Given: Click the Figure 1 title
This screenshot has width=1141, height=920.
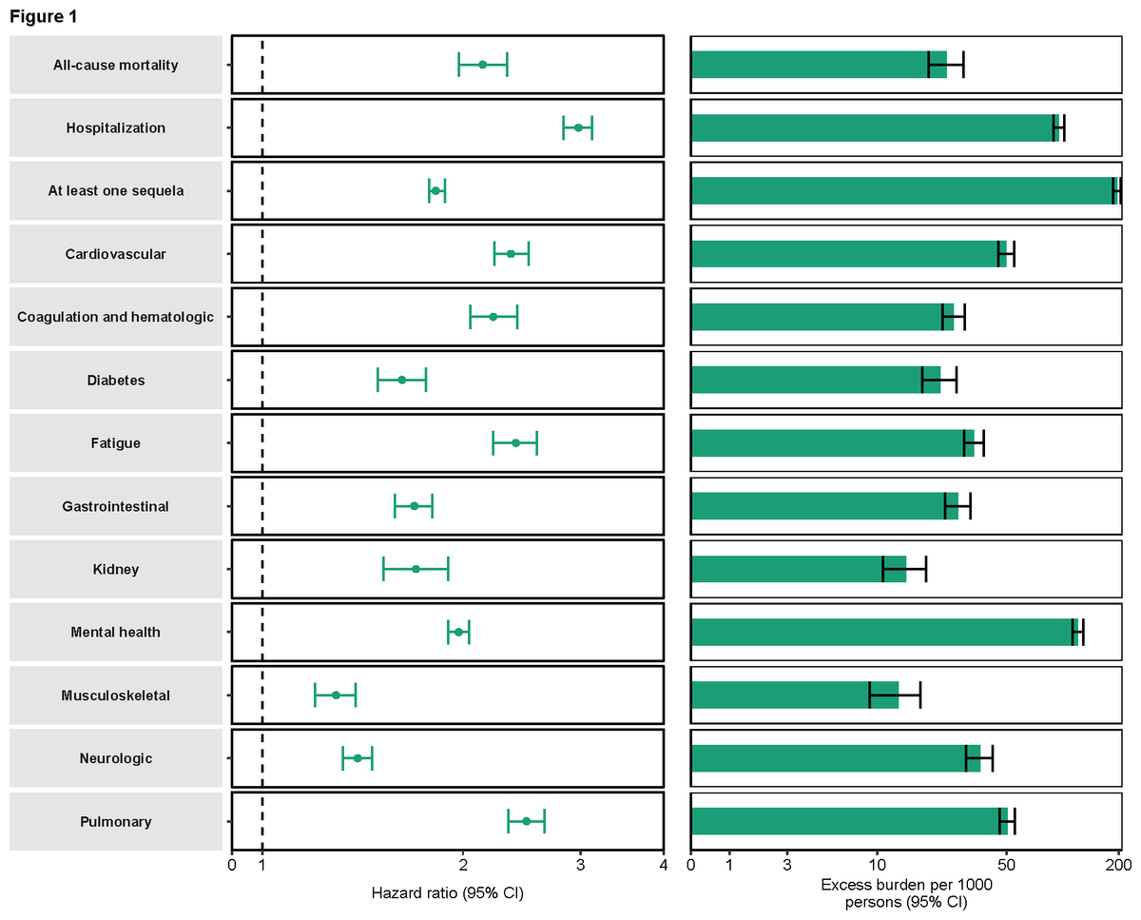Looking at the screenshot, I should [x=44, y=16].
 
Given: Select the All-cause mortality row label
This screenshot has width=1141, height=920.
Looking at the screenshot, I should [x=116, y=65].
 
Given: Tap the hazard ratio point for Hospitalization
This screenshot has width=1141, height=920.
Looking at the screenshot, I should [x=578, y=127].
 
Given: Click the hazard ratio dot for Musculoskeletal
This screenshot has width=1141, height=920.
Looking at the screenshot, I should [x=336, y=695].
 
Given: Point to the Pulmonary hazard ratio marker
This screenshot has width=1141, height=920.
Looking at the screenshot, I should [x=526, y=821].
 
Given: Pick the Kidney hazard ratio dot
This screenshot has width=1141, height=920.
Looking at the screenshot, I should [x=416, y=569].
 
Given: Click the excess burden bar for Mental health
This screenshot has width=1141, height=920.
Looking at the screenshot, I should [x=882, y=633].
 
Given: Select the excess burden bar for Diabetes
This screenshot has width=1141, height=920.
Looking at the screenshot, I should [x=815, y=380].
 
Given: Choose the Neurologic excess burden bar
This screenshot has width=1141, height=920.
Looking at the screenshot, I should [x=835, y=758].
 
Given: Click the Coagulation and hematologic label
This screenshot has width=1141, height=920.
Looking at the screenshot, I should [x=116, y=317].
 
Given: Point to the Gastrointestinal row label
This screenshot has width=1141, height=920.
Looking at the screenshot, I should [x=116, y=506].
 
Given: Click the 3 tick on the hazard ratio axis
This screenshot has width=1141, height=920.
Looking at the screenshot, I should [x=580, y=864].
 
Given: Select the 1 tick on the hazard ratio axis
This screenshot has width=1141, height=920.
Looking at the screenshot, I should [x=262, y=864].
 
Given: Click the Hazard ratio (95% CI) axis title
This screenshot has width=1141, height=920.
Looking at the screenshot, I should [x=447, y=893].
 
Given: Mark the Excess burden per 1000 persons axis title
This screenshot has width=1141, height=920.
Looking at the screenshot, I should [x=906, y=892].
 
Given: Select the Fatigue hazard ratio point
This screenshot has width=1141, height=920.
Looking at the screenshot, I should [x=515, y=443].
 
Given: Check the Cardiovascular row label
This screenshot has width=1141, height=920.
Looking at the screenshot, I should [x=116, y=254].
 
